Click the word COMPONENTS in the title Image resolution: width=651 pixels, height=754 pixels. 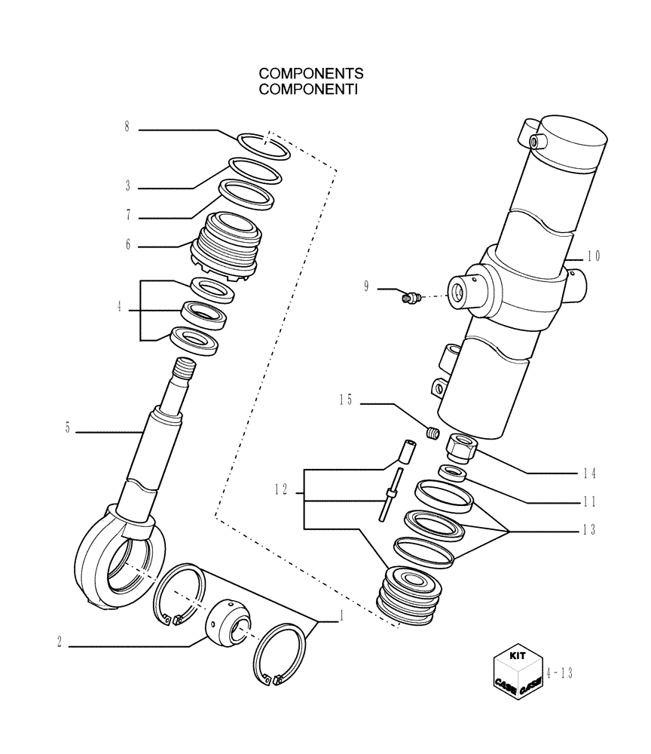(x=311, y=74)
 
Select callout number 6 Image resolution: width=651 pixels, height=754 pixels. (x=128, y=244)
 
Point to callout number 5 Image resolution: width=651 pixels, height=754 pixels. (x=67, y=431)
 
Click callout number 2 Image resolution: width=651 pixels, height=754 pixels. (x=58, y=643)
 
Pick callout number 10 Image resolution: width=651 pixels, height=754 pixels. (x=594, y=256)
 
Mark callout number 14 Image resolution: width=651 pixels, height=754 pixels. (x=589, y=474)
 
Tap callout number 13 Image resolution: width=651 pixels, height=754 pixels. (x=589, y=530)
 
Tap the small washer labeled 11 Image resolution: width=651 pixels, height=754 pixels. (x=453, y=473)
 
